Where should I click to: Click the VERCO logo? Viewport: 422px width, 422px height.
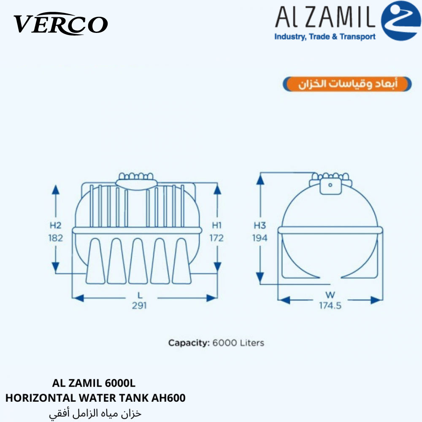[x=60, y=24]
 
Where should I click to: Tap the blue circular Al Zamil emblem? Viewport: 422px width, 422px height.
[x=401, y=21]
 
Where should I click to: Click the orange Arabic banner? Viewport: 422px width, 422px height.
[x=347, y=84]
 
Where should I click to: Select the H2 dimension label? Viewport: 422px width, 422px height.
[x=55, y=225]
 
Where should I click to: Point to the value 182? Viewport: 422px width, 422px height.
[x=55, y=238]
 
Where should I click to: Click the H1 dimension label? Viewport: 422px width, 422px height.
[x=216, y=225]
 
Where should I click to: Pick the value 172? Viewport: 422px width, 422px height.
[x=216, y=238]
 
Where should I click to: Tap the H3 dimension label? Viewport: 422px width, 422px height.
[x=260, y=225]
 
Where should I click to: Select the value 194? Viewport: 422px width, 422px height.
[x=260, y=238]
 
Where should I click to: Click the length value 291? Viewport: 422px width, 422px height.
[x=139, y=306]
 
